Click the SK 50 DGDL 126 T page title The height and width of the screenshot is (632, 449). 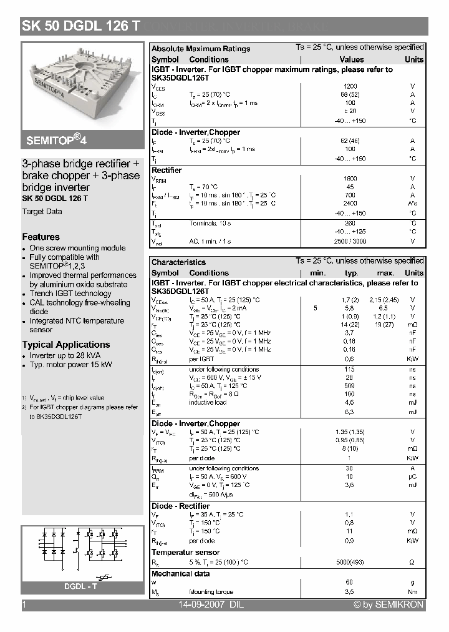pyautogui.click(x=81, y=26)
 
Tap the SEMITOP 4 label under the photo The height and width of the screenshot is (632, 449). pyautogui.click(x=57, y=139)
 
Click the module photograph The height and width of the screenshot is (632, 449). pyautogui.click(x=82, y=84)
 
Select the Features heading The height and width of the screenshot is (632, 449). pyautogui.click(x=41, y=237)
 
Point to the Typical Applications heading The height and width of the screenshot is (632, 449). pyautogui.click(x=65, y=345)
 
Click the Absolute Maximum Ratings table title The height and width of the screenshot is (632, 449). pyautogui.click(x=201, y=49)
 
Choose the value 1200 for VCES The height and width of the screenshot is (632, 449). pyautogui.click(x=350, y=86)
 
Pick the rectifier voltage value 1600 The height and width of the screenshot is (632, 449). pyautogui.click(x=350, y=179)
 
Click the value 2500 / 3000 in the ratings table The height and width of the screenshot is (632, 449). pyautogui.click(x=350, y=241)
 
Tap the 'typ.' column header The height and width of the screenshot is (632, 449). pyautogui.click(x=352, y=273)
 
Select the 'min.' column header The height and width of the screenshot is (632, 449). pyautogui.click(x=318, y=273)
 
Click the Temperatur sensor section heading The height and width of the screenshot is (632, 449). pyautogui.click(x=185, y=552)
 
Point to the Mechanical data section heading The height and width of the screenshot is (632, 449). pyautogui.click(x=181, y=573)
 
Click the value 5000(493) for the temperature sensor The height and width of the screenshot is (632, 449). pyautogui.click(x=350, y=562)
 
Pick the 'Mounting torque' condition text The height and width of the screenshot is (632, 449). pyautogui.click(x=211, y=592)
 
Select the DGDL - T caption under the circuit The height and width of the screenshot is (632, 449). pyautogui.click(x=81, y=586)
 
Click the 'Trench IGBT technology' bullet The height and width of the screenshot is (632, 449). pyautogui.click(x=70, y=294)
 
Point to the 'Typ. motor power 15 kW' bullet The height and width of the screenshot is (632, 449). pyautogui.click(x=70, y=365)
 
